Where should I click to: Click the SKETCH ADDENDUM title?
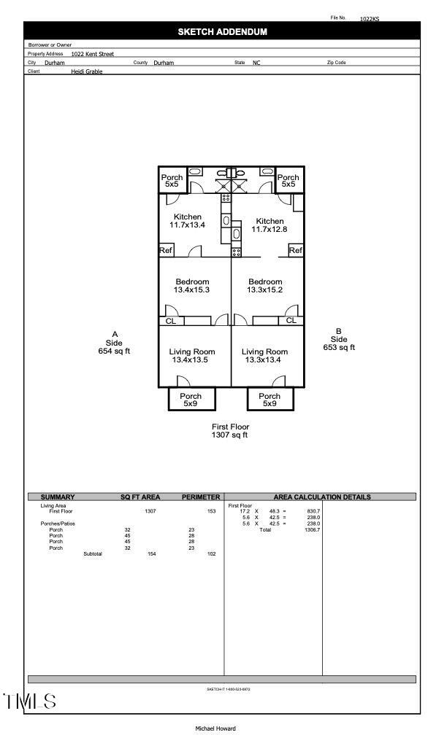(x=222, y=31)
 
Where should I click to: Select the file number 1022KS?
(x=370, y=19)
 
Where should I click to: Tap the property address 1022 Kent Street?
(x=92, y=54)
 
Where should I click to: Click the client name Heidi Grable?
(x=86, y=71)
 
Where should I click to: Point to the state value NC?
(x=256, y=63)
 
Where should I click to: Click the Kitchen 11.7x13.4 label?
(x=188, y=221)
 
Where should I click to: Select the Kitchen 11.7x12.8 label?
(x=270, y=225)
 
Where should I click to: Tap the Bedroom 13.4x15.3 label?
(x=192, y=286)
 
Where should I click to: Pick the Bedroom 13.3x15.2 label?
(x=265, y=286)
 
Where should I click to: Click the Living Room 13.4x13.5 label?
(x=192, y=355)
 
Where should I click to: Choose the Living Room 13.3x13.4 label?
(x=264, y=355)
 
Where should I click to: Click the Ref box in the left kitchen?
(x=166, y=251)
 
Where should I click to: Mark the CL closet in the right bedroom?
(x=291, y=320)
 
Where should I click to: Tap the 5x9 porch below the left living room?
(x=191, y=400)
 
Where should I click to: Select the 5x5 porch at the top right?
(x=288, y=181)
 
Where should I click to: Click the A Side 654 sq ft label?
(x=114, y=343)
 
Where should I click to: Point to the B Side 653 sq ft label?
(x=339, y=339)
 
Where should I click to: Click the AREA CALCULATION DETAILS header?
(x=321, y=497)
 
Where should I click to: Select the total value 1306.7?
(x=311, y=530)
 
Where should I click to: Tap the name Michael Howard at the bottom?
(x=215, y=728)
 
